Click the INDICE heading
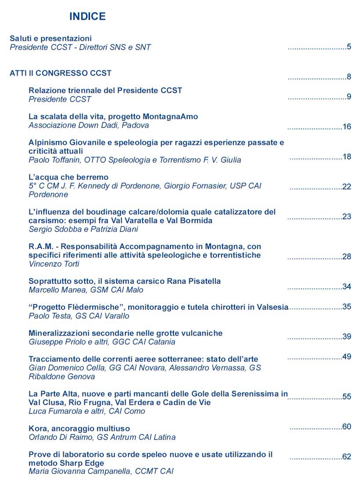click(x=87, y=17)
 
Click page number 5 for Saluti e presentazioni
click(x=349, y=47)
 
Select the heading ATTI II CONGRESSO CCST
click(x=61, y=73)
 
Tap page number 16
click(x=347, y=127)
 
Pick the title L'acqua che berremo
click(x=68, y=177)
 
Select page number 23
click(x=347, y=217)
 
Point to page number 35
click(x=347, y=307)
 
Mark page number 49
click(x=347, y=357)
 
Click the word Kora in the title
click(x=37, y=428)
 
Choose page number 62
click(x=347, y=457)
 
